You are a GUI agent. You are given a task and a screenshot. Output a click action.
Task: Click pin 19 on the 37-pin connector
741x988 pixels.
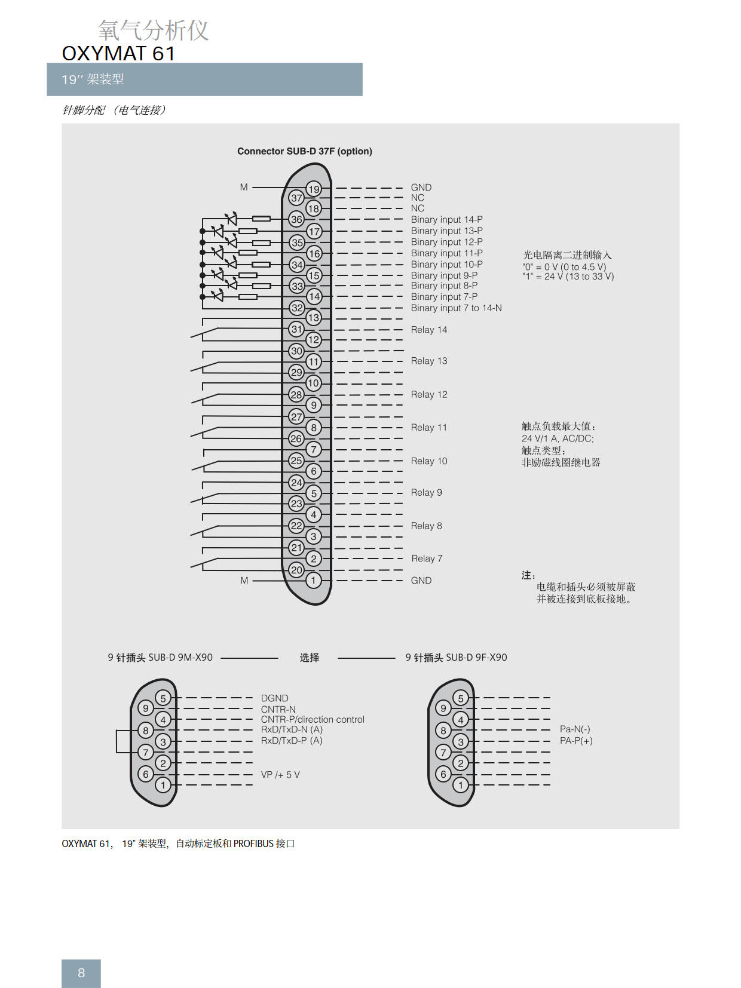[x=314, y=189]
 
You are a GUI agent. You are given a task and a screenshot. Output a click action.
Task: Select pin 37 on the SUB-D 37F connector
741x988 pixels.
[x=297, y=198]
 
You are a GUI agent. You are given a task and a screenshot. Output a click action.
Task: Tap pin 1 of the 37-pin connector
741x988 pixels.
[x=313, y=580]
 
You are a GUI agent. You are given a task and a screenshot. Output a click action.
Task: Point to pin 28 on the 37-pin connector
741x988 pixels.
[x=296, y=394]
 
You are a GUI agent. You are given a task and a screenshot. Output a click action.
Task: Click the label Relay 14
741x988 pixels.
[x=428, y=330]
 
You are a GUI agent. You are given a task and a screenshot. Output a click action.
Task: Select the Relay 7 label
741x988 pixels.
[x=427, y=559]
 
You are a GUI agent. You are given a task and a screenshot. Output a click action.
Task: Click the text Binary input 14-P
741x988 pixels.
[x=446, y=219]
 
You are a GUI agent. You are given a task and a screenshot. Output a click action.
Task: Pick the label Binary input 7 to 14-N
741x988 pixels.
[x=456, y=308]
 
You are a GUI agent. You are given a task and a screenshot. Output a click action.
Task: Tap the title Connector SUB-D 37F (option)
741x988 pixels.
[x=304, y=151]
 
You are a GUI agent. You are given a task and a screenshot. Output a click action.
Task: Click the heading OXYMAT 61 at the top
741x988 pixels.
[x=118, y=53]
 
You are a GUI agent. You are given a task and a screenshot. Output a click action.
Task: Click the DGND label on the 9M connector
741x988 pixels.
[x=274, y=698]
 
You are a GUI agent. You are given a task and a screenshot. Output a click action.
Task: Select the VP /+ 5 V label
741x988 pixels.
[x=280, y=774]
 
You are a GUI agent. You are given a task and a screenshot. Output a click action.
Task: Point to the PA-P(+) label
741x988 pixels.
[x=576, y=741]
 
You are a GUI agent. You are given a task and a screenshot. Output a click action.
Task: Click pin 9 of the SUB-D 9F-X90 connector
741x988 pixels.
[x=443, y=708]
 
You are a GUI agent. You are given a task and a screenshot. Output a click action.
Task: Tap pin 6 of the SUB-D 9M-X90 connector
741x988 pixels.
[x=146, y=774]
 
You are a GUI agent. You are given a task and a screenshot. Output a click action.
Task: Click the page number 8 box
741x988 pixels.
[x=81, y=973]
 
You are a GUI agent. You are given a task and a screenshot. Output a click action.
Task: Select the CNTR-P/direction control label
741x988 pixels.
[x=312, y=719]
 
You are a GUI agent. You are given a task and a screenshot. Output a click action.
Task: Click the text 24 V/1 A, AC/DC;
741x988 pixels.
[x=557, y=438]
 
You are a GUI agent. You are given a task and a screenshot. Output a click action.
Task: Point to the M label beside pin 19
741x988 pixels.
[x=244, y=187]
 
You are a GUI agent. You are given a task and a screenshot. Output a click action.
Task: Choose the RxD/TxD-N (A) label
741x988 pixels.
[x=292, y=729]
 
